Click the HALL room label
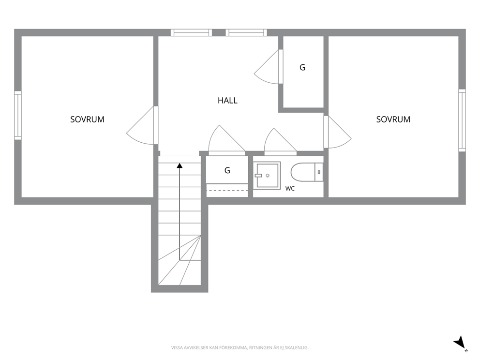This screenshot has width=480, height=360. pos(227,101)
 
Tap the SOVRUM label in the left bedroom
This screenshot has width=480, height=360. pos(87,120)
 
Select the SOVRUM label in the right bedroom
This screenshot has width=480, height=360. pos(393,120)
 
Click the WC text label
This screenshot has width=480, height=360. pos(290,189)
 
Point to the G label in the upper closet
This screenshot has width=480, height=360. pos(302,67)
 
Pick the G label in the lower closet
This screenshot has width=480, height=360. pos(227,170)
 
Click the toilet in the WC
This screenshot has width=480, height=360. pos(307,172)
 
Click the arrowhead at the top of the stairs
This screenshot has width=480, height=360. pos(180,165)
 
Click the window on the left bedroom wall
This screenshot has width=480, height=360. pos(18,116)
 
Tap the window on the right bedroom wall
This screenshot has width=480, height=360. pos(462,120)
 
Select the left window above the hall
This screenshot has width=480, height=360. pos(191,32)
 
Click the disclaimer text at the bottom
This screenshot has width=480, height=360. pos(240,348)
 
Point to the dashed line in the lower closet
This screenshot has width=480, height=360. pos(227,191)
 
